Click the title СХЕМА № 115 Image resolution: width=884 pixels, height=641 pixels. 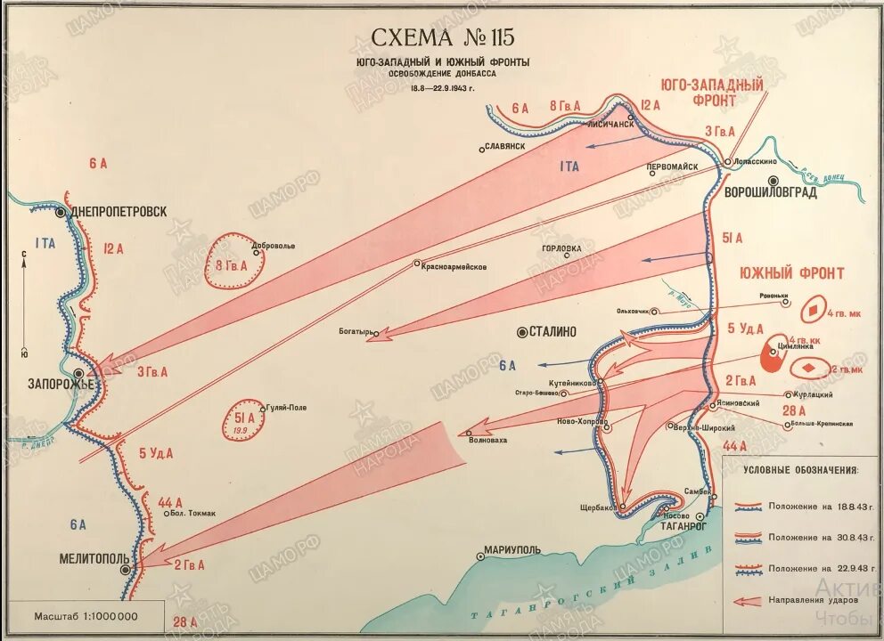[442, 39]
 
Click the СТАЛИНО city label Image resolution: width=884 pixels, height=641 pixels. [552, 332]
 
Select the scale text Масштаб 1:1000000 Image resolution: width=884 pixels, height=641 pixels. [86, 616]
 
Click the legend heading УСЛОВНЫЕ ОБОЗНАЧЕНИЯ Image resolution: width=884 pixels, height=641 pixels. [801, 470]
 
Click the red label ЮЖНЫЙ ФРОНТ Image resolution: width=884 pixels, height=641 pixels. [790, 273]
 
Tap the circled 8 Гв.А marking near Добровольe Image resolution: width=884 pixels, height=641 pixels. [231, 264]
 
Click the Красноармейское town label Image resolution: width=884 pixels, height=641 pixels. [455, 266]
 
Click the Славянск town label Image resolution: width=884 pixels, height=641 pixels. [505, 146]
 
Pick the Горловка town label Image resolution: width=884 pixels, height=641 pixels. [561, 248]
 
